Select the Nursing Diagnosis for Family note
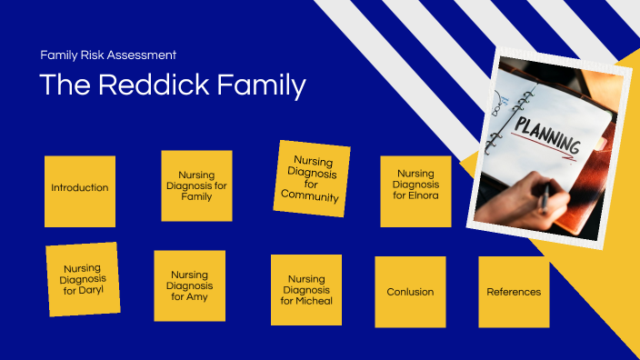click(x=196, y=185)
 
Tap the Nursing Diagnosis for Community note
click(x=311, y=178)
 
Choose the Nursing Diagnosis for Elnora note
click(x=415, y=191)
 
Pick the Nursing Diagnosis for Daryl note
click(x=83, y=279)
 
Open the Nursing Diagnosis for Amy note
click(x=189, y=285)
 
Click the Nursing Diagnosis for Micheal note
click(x=306, y=290)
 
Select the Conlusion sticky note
click(x=410, y=292)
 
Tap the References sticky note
click(x=514, y=292)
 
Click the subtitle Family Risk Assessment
click(x=108, y=55)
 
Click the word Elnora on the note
click(x=415, y=196)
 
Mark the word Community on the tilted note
click(x=310, y=196)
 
